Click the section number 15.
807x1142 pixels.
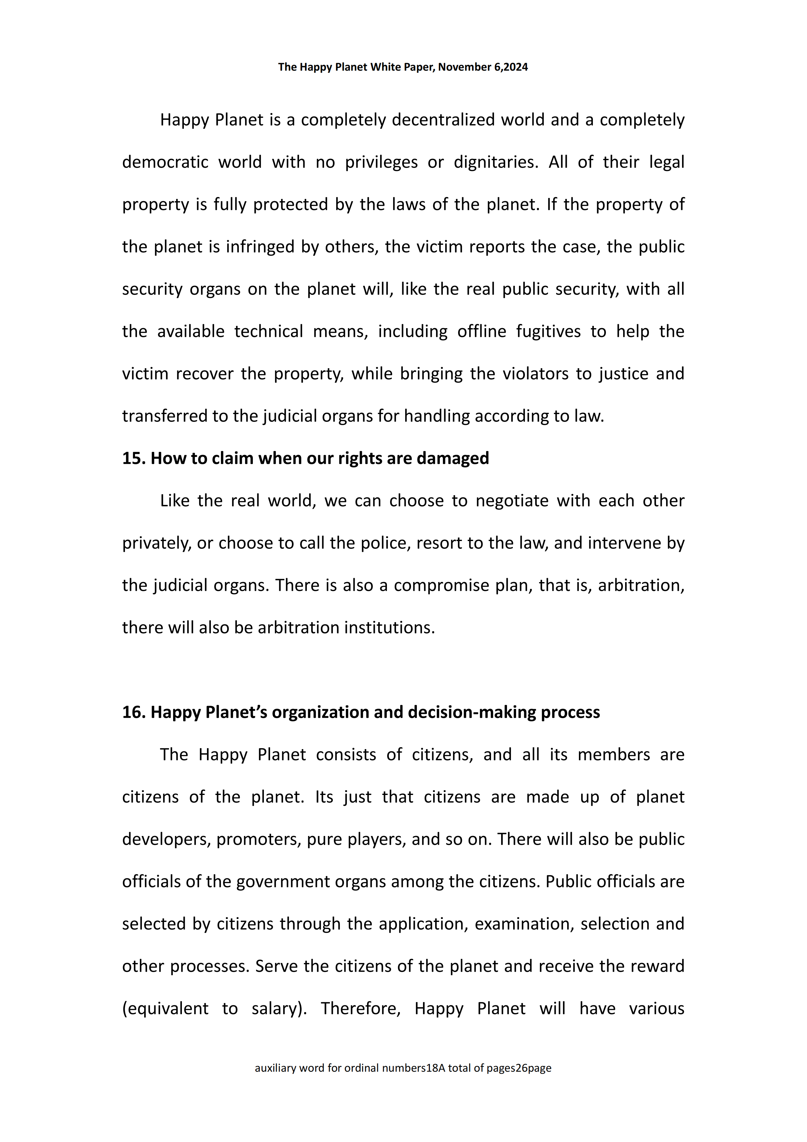[133, 458]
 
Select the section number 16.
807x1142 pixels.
[133, 712]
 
